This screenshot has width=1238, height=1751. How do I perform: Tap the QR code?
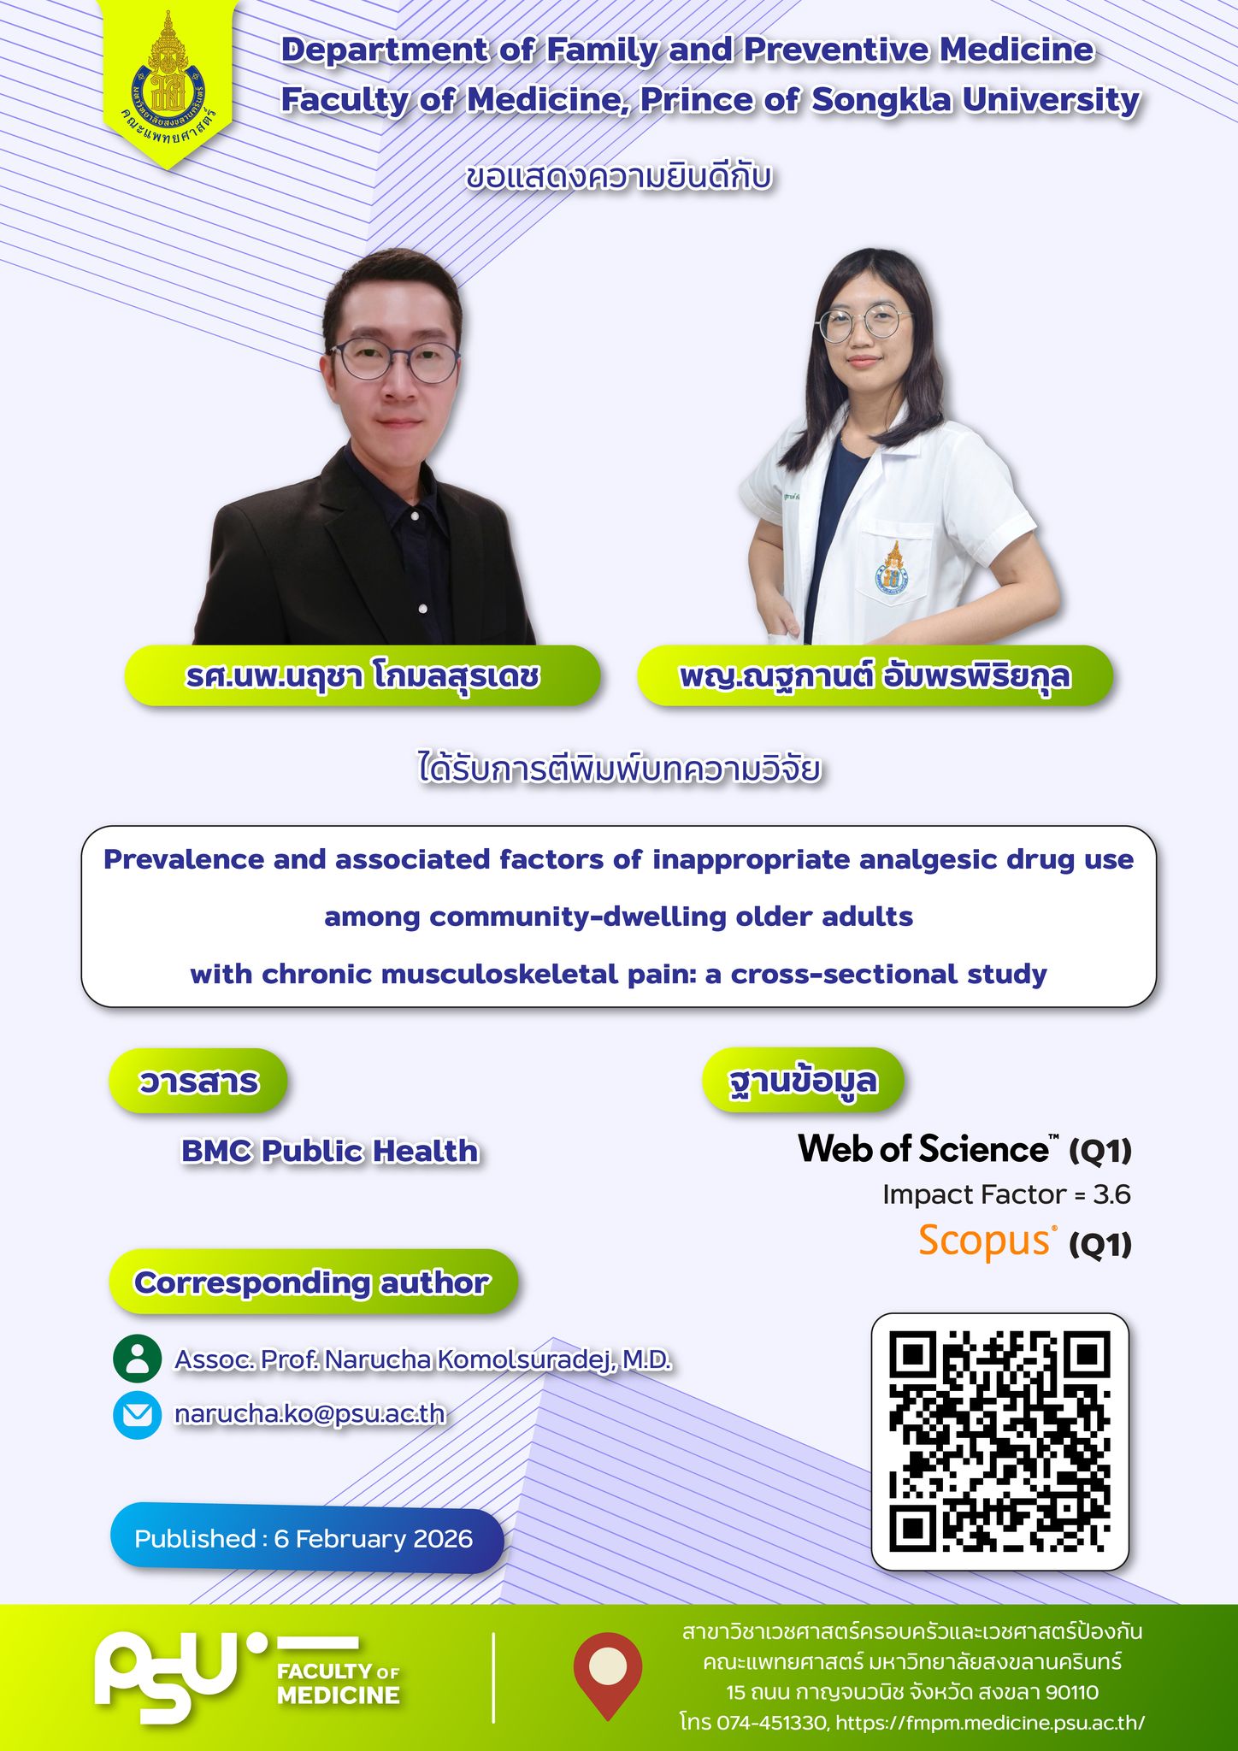pyautogui.click(x=999, y=1441)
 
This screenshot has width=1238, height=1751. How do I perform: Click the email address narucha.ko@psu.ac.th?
pyautogui.click(x=309, y=1414)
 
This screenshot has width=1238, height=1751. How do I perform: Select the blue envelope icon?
pyautogui.click(x=137, y=1415)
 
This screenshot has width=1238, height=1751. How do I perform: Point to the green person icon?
pyautogui.click(x=137, y=1359)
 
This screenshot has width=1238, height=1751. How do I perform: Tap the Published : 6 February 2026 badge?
pyautogui.click(x=306, y=1539)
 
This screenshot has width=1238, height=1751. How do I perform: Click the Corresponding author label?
pyautogui.click(x=312, y=1282)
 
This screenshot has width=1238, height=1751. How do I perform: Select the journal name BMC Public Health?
pyautogui.click(x=330, y=1152)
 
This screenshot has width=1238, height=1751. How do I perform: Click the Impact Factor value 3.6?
pyautogui.click(x=1111, y=1194)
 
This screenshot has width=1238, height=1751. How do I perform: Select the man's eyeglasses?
pyautogui.click(x=395, y=360)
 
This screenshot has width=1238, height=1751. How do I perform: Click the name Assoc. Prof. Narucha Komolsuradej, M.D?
pyautogui.click(x=423, y=1359)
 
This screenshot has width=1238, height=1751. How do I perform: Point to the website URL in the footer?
pyautogui.click(x=989, y=1722)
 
